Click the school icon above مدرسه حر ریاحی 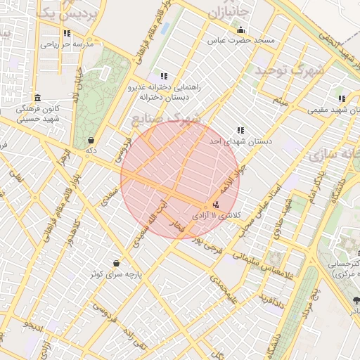[x=67, y=33]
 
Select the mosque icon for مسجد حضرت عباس [x=241, y=30]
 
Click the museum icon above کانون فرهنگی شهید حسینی [x=37, y=98]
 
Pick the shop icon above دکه [x=91, y=139]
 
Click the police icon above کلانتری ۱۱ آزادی [x=215, y=205]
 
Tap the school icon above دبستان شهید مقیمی [x=341, y=99]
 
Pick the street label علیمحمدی [x=224, y=287]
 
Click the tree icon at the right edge [x=356, y=301]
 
